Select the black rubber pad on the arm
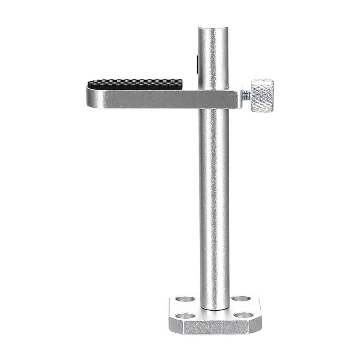click(135, 84)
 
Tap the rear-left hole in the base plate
click(185, 299)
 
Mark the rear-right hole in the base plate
click(240, 298)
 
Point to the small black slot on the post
click(198, 63)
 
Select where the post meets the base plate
click(215, 308)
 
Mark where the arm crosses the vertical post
click(214, 99)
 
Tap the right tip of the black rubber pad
click(181, 83)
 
